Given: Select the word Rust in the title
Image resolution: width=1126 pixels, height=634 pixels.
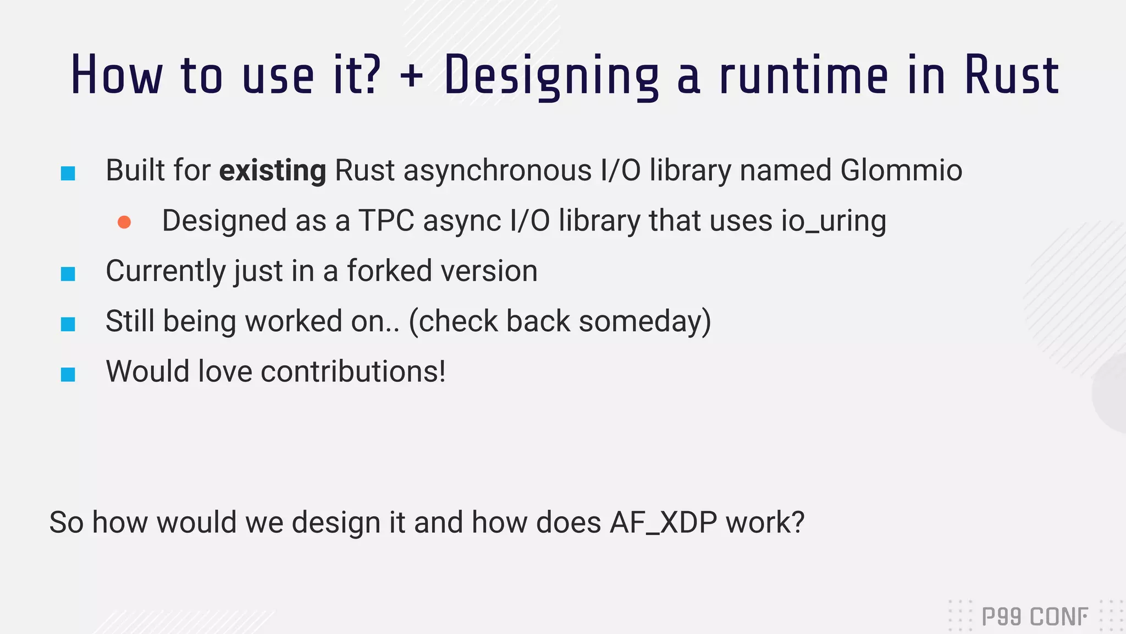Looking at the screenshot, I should (x=1011, y=76).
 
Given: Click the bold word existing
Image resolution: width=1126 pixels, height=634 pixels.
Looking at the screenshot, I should (x=273, y=171).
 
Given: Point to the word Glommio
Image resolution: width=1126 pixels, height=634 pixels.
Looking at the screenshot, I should (x=901, y=170).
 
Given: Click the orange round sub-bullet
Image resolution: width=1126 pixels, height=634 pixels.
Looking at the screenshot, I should (x=124, y=222).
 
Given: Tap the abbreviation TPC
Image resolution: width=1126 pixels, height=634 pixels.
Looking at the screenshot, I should (x=387, y=221).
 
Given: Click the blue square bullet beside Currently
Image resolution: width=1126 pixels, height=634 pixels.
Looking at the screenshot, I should (x=68, y=274).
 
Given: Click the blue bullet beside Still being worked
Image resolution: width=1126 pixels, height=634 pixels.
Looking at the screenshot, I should (x=68, y=324).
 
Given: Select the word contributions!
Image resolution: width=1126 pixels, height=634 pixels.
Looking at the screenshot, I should (x=353, y=372).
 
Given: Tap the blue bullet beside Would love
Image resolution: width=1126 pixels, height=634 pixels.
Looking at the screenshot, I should (x=68, y=374).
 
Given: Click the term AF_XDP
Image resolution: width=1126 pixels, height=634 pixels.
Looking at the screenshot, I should (x=663, y=522).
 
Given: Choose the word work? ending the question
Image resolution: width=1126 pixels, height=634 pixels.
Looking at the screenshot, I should (x=765, y=522).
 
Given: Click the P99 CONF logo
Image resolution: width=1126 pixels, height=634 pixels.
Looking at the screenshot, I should (x=1034, y=616).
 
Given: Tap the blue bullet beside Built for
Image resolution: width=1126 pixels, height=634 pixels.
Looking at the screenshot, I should (x=68, y=173).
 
